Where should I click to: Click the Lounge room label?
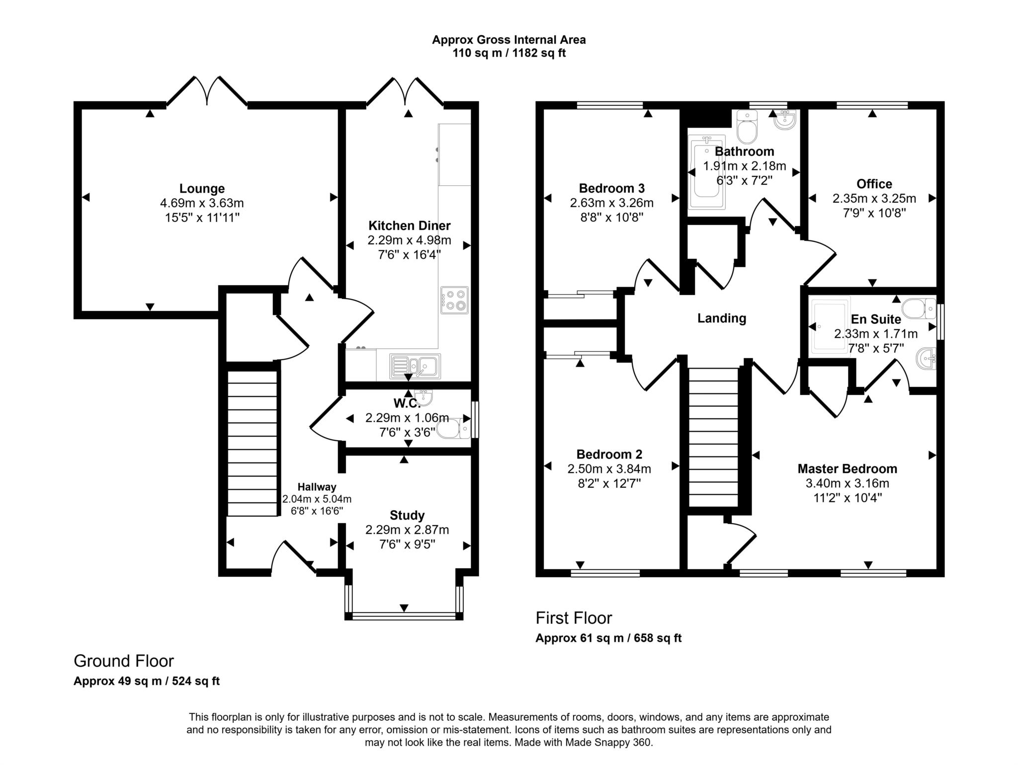202,189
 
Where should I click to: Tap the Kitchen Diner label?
410,226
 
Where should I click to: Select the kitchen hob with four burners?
454,300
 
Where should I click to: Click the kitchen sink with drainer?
415,366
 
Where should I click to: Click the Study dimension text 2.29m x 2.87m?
407,530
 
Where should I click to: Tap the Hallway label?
317,487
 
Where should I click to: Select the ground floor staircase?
252,444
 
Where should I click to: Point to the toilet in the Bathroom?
747,127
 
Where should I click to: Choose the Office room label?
874,184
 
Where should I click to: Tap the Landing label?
722,318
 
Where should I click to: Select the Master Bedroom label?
848,469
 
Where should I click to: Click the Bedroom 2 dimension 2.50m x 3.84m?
609,469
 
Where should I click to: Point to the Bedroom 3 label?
612,189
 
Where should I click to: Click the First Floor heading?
574,618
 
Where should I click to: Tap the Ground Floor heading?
124,661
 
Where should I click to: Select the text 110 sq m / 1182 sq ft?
509,53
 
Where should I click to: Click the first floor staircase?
713,437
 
